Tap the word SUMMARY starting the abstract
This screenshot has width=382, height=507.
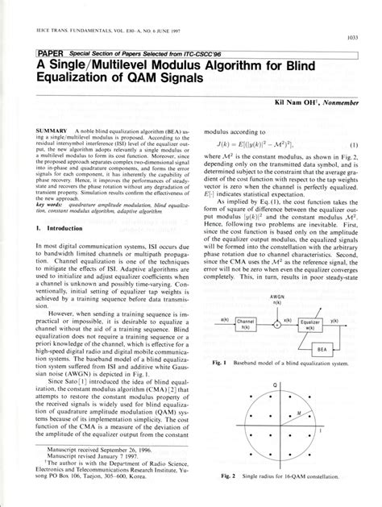click(48, 129)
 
